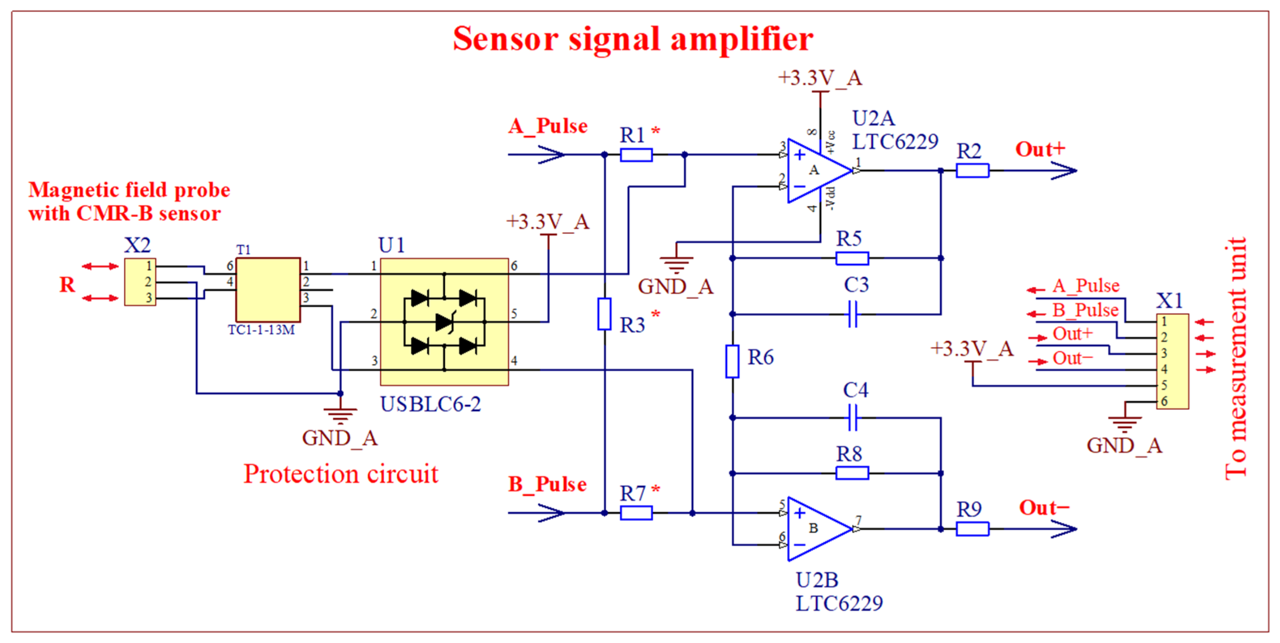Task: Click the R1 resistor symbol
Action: [636, 155]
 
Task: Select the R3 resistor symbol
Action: [604, 314]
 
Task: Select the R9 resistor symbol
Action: [972, 529]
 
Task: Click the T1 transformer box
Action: [268, 290]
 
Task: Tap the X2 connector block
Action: [140, 282]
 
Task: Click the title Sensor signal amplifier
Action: [633, 39]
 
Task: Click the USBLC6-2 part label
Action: [430, 404]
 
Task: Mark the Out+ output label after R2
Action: [1039, 149]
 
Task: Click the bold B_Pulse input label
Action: [547, 484]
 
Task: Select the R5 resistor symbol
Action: [852, 258]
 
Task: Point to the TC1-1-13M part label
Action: [261, 330]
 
